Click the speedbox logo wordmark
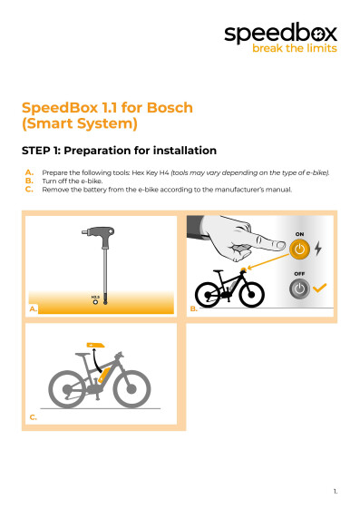(x=280, y=34)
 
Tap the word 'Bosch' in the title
(x=169, y=107)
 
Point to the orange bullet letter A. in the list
(x=30, y=171)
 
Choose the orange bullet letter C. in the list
(x=30, y=189)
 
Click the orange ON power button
(x=300, y=248)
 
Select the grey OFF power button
(x=299, y=289)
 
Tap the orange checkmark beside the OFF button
(x=319, y=289)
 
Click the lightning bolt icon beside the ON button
(x=317, y=248)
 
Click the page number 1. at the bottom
(x=335, y=491)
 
